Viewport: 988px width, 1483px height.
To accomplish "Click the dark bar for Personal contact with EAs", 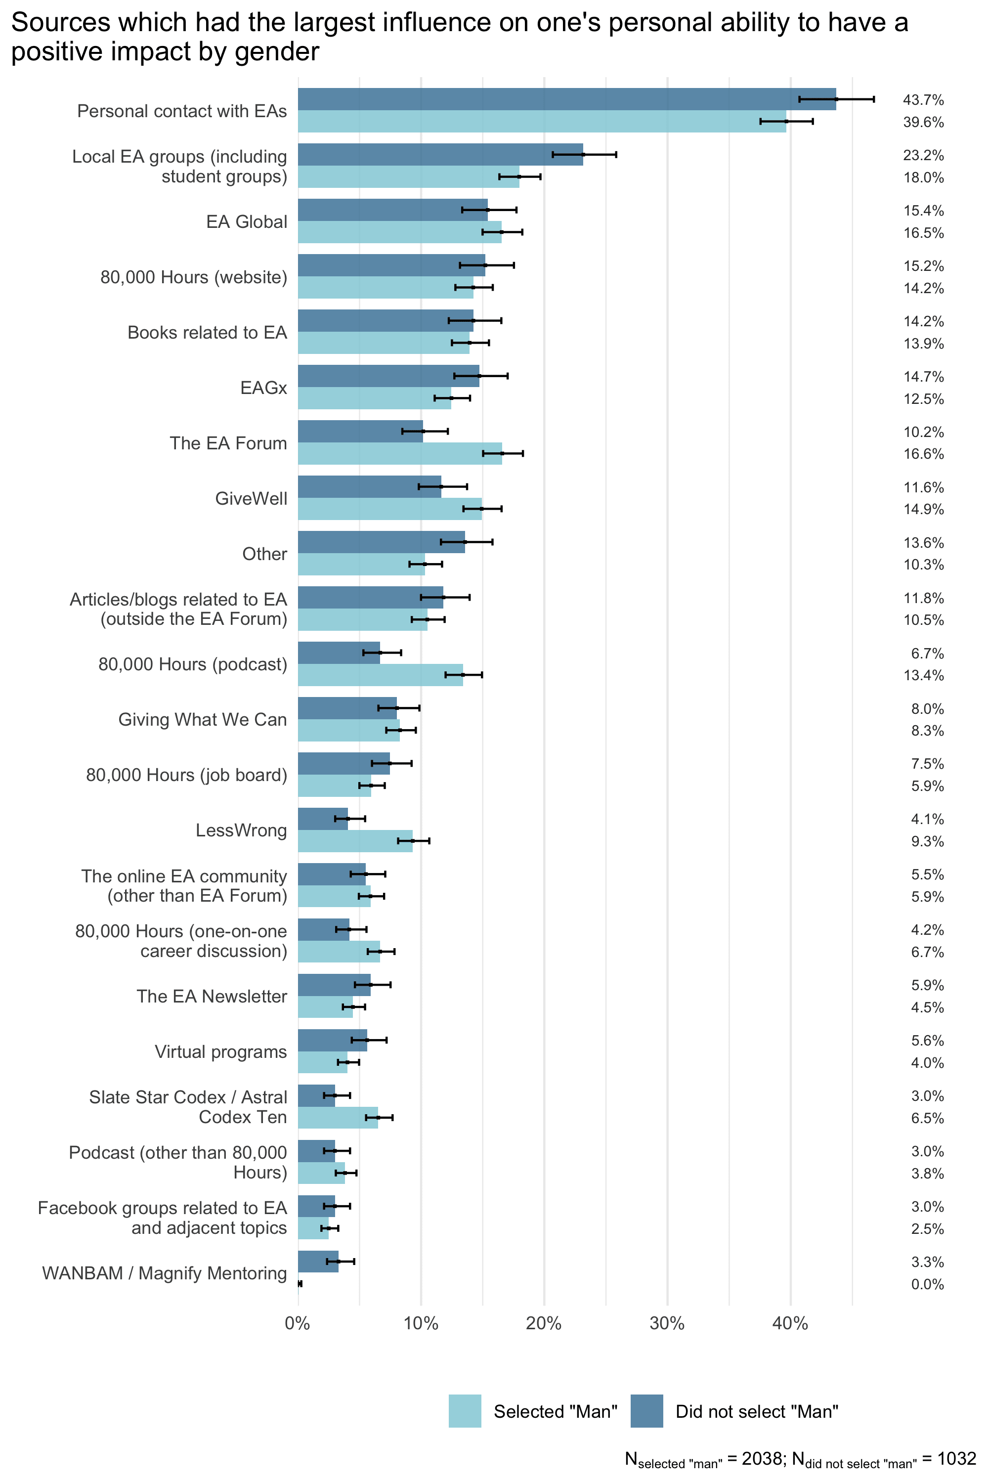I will (566, 99).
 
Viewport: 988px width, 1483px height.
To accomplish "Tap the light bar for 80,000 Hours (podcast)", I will (380, 674).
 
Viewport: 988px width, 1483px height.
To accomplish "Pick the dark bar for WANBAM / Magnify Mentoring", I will (318, 1261).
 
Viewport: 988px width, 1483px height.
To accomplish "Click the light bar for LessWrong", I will (355, 841).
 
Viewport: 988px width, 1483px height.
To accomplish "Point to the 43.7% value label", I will (923, 99).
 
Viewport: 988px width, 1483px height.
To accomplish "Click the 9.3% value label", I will (927, 841).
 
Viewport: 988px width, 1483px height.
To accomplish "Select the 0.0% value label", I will (927, 1284).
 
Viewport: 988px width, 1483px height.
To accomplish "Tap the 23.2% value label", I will (923, 155).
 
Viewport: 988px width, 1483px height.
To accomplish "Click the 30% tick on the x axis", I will (667, 1323).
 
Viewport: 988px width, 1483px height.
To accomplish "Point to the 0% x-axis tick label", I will (298, 1323).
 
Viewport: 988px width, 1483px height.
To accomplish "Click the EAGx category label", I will (263, 388).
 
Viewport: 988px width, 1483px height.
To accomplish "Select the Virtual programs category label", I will (220, 1051).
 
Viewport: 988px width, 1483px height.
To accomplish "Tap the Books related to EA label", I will (207, 332).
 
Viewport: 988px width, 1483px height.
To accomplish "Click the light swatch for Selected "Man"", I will (465, 1411).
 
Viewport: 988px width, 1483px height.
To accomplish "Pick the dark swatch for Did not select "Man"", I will (646, 1411).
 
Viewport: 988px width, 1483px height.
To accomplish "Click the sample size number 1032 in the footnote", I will (956, 1458).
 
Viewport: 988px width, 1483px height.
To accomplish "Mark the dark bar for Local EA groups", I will (440, 154).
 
